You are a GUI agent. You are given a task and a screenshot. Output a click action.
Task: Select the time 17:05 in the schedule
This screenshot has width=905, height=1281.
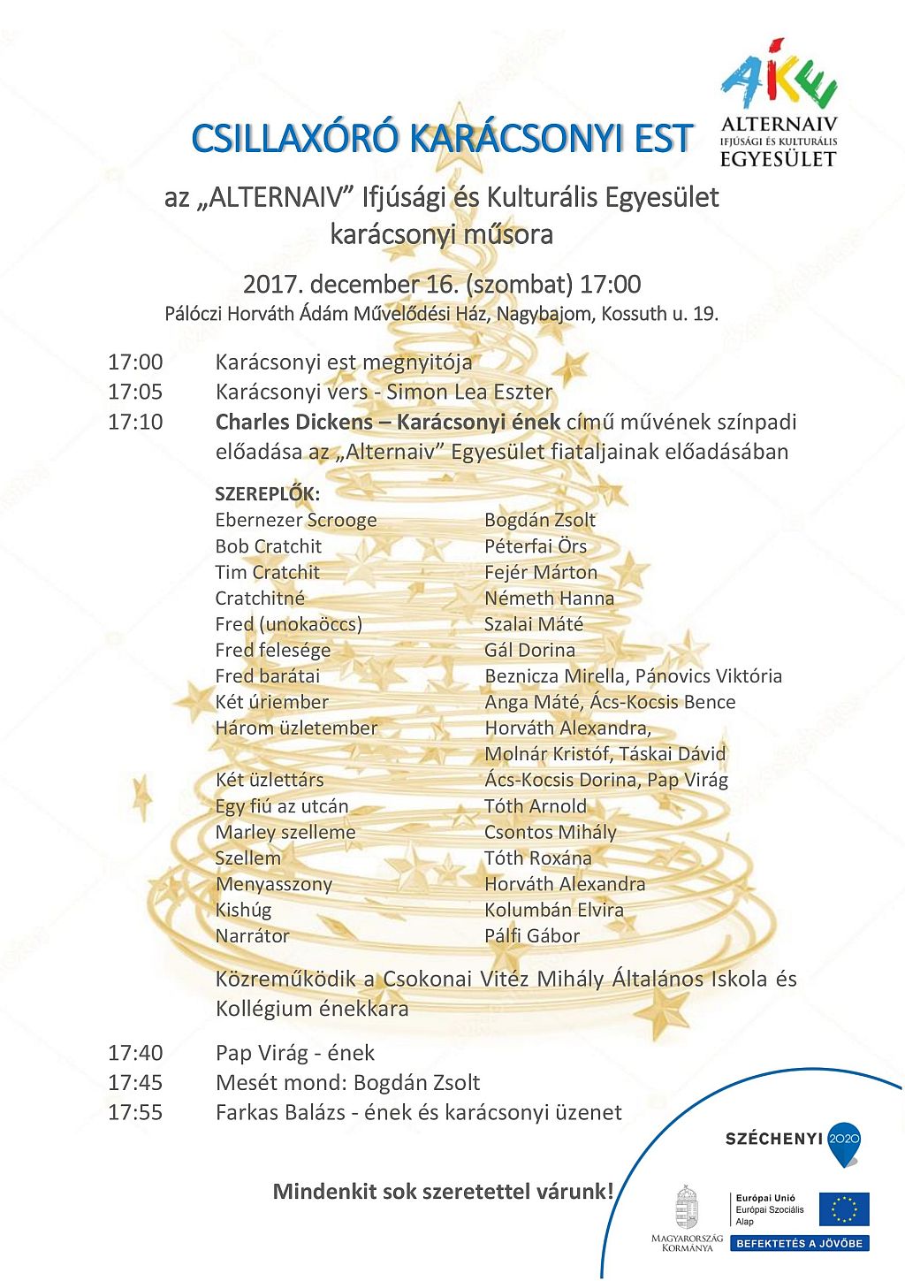point(135,392)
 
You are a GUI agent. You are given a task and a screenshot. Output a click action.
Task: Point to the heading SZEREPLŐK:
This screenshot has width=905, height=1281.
point(267,494)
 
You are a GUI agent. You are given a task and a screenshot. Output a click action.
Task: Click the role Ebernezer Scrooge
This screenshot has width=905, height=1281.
point(295,521)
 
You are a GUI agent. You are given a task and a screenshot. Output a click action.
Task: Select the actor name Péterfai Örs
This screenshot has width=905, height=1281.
point(535,546)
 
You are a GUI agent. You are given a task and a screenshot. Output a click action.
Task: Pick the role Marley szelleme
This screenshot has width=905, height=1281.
point(285,833)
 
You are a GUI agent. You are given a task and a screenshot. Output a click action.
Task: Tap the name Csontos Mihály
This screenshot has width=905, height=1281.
point(550,833)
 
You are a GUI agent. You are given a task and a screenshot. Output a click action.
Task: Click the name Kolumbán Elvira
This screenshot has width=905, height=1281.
point(553,910)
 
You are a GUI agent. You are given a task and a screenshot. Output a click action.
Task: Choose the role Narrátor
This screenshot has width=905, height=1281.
point(252,936)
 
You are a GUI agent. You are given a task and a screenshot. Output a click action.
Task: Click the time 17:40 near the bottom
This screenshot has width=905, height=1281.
point(135,1053)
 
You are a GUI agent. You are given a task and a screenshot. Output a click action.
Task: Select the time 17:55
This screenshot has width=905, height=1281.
point(135,1112)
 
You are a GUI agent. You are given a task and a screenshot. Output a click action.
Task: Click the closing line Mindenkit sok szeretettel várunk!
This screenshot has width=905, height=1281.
point(442,1192)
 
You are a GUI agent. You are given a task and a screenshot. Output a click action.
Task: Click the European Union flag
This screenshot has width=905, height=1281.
point(843,1209)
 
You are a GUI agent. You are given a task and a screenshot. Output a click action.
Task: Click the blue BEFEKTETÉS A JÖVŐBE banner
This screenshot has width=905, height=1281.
point(800,1243)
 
